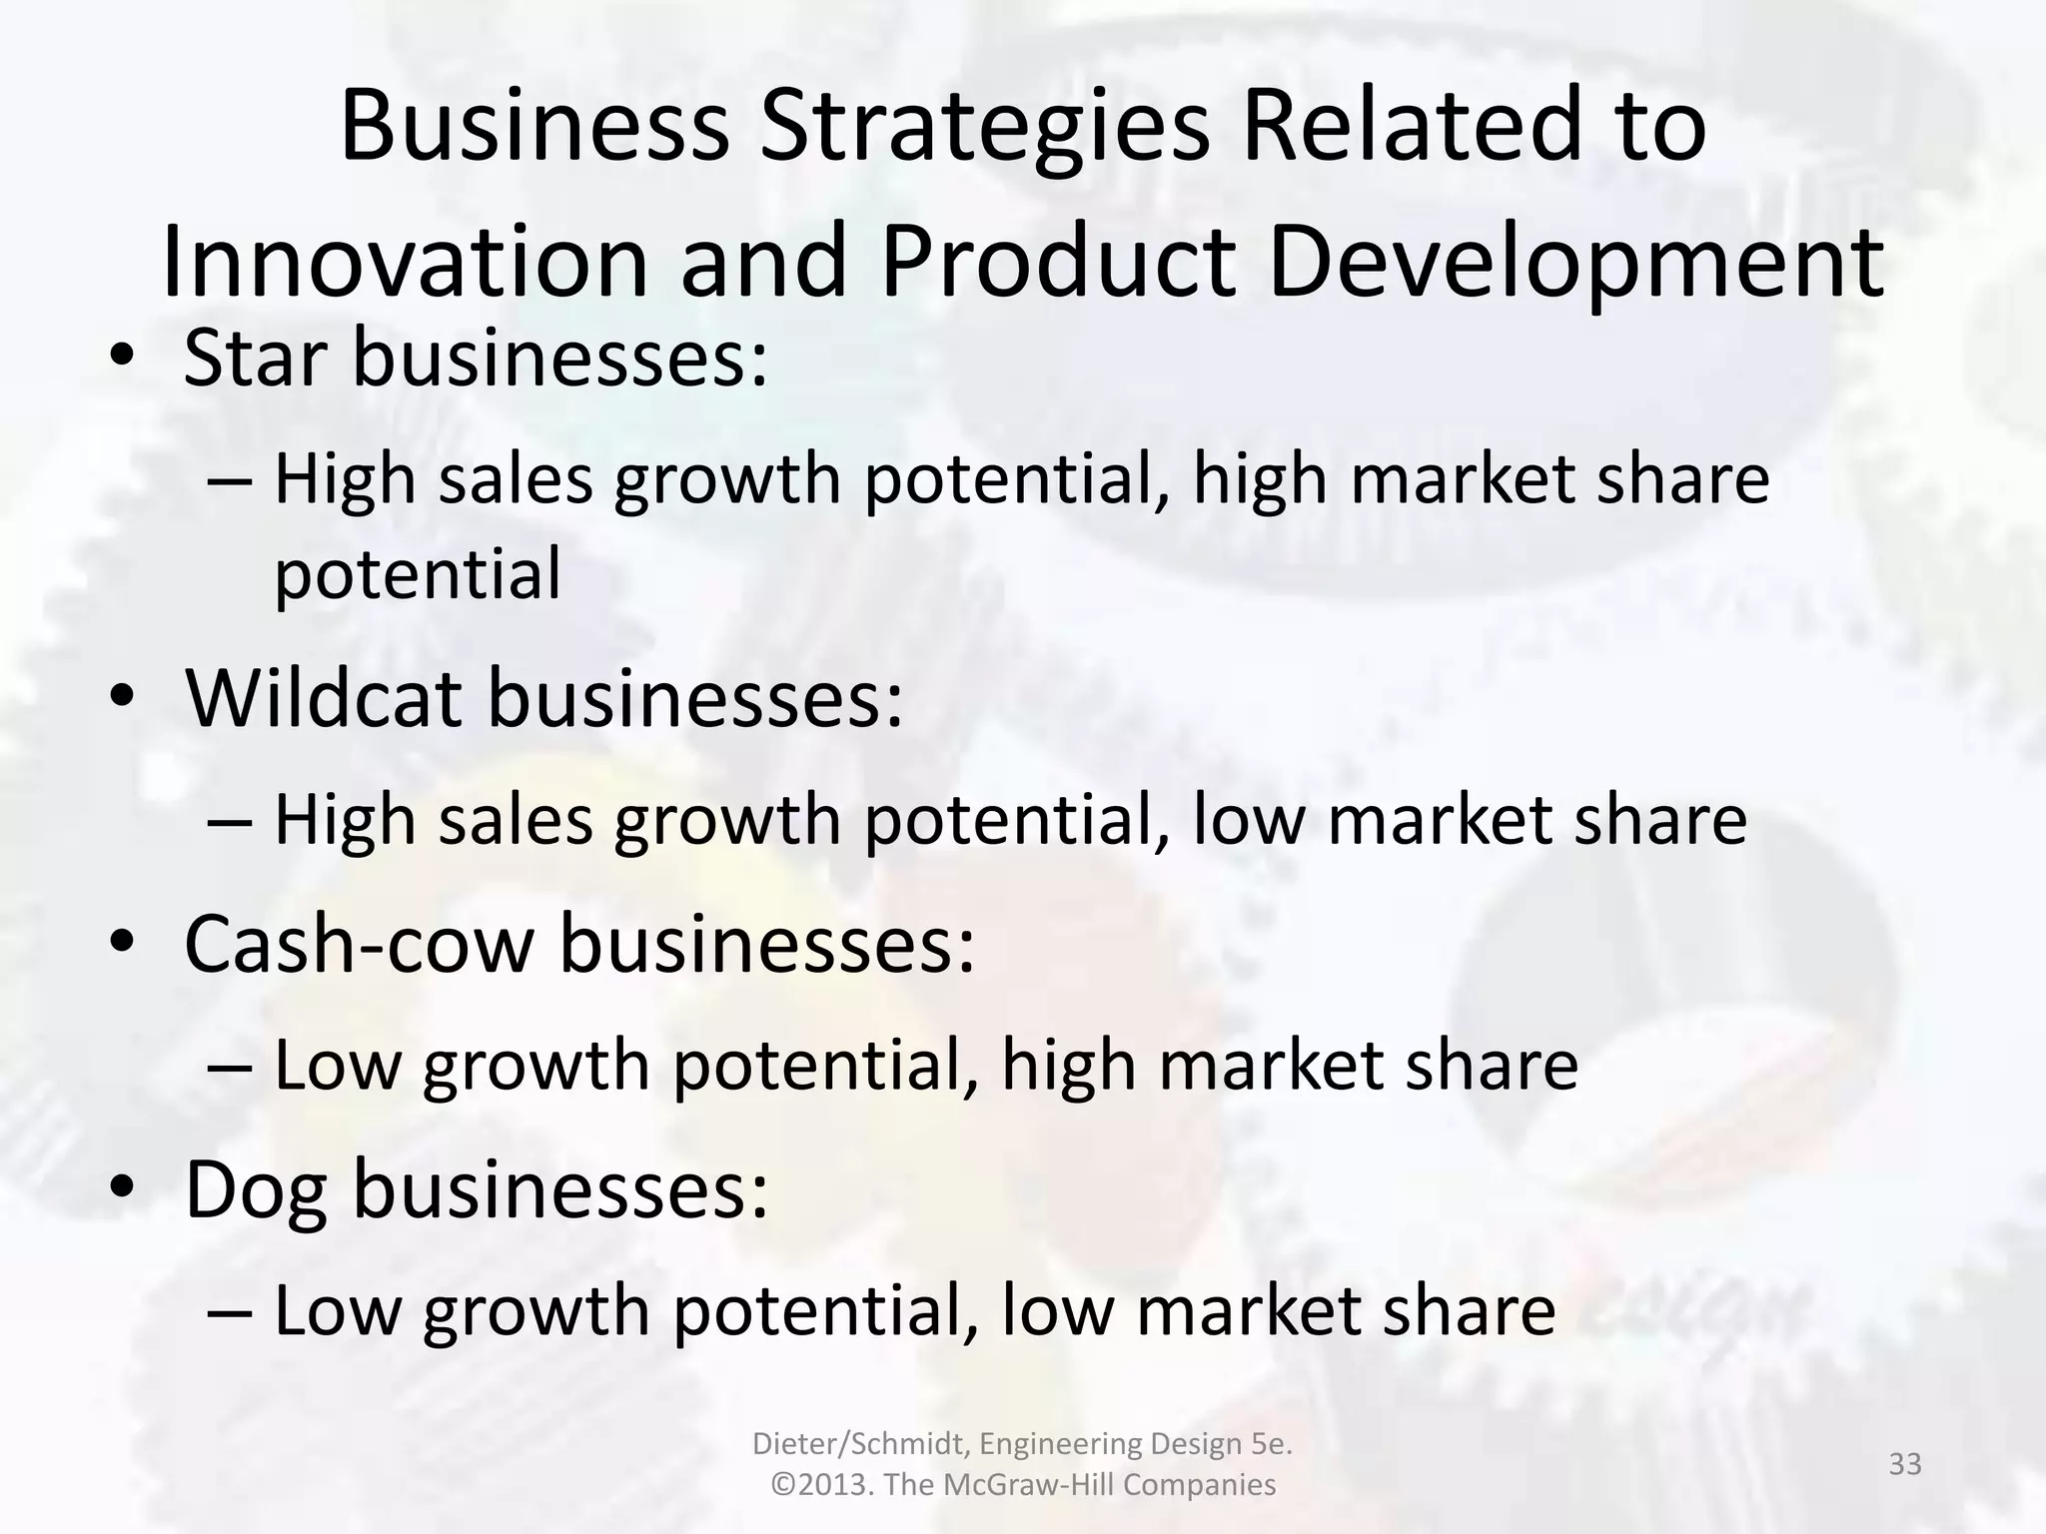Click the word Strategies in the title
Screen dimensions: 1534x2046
pos(984,128)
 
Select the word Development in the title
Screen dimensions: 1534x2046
pos(1575,265)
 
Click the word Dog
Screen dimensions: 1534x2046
pos(256,1191)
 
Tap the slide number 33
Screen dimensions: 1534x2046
pos(1905,1464)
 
